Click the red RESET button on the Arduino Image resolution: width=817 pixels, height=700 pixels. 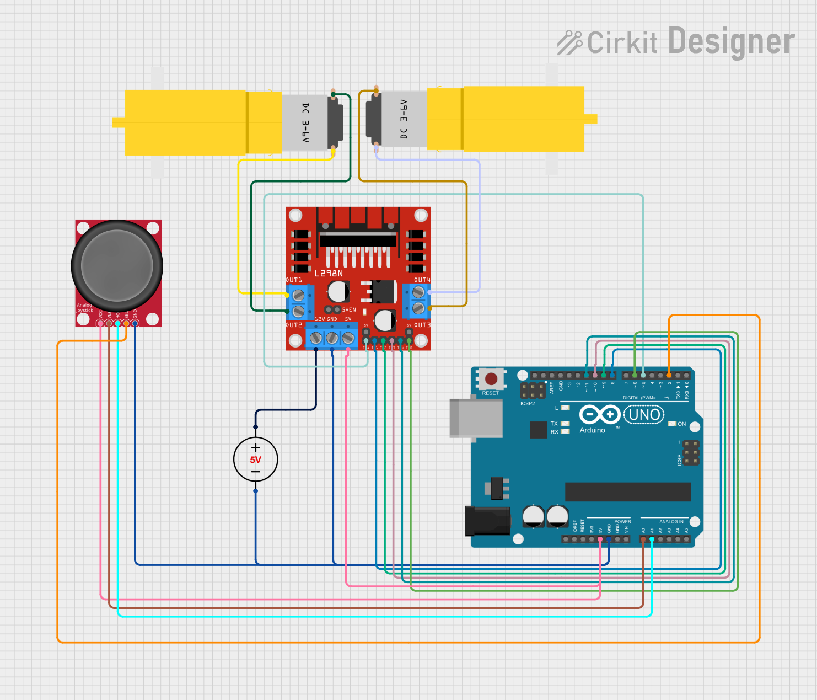coord(491,379)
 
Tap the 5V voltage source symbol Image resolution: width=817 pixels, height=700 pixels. coord(255,459)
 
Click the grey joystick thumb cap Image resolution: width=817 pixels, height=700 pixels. coord(117,265)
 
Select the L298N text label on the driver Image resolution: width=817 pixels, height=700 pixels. coord(329,274)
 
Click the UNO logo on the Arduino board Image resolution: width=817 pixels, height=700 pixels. coord(644,414)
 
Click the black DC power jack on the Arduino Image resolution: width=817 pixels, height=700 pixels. coord(487,521)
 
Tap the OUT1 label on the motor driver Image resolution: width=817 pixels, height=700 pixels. coord(294,280)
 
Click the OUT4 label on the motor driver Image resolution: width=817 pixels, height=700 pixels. coord(422,280)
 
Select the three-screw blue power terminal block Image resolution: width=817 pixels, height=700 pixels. coord(332,337)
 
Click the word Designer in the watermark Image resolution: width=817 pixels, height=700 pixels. coord(731,42)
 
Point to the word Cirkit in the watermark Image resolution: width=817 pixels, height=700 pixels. coord(622,43)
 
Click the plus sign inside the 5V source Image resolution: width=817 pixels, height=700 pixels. coord(255,447)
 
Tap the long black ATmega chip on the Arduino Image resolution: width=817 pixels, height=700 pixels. coord(628,491)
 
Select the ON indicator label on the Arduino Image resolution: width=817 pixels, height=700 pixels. coord(681,424)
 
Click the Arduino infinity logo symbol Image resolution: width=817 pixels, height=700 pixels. coord(599,414)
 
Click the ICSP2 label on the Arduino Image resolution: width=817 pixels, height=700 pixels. coord(528,403)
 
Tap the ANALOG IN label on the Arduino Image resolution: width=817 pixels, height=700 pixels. coord(671,521)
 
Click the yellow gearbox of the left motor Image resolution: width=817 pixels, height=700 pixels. coord(185,122)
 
